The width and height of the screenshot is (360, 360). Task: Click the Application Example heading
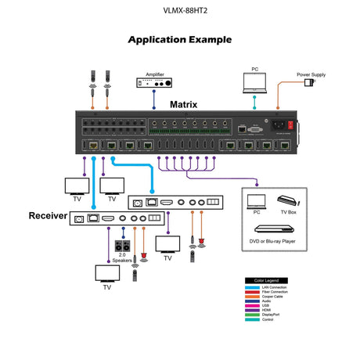179,38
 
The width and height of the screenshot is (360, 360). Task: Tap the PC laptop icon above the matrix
254,81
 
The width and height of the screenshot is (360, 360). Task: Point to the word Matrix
184,103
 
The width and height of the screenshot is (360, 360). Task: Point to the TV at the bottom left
106,273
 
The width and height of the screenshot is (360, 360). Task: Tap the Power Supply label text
311,75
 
